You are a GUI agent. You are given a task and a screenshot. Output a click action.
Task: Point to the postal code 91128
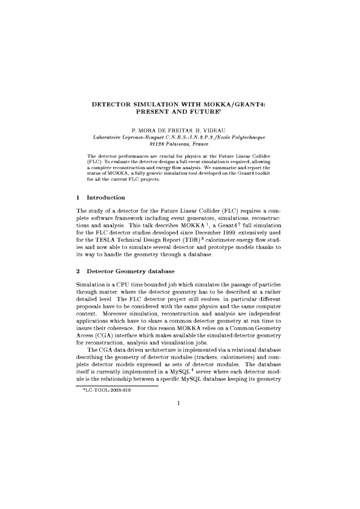tap(157, 144)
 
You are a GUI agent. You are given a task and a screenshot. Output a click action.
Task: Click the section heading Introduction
tap(106, 198)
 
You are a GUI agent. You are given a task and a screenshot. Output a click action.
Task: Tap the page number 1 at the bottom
tap(180, 405)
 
